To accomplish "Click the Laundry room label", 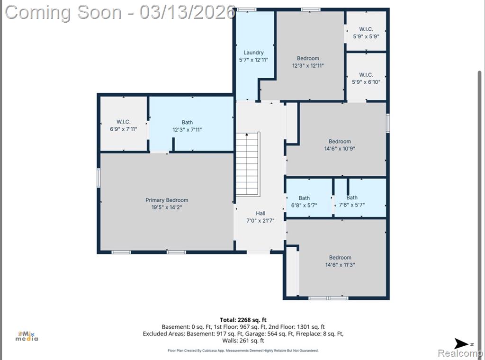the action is point(253,53).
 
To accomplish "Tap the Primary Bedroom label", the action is point(167,200).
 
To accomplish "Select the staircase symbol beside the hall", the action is point(247,164).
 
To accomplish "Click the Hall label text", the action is point(260,214).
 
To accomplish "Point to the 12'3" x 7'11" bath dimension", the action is point(187,130).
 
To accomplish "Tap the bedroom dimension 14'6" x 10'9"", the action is point(340,148).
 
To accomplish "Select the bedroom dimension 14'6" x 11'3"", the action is point(340,265).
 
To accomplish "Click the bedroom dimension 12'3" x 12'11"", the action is point(308,65).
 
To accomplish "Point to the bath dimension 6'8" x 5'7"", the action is point(304,205).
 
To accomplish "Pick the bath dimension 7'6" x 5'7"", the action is point(352,205).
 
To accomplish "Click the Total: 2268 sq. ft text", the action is point(243,320).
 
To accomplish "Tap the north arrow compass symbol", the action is point(461,343).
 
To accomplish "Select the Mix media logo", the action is point(27,336).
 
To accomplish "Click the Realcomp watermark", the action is point(461,353).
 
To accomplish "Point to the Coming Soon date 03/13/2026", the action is point(188,12).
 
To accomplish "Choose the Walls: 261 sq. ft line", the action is point(243,341).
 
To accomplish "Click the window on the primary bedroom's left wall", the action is point(99,178).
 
